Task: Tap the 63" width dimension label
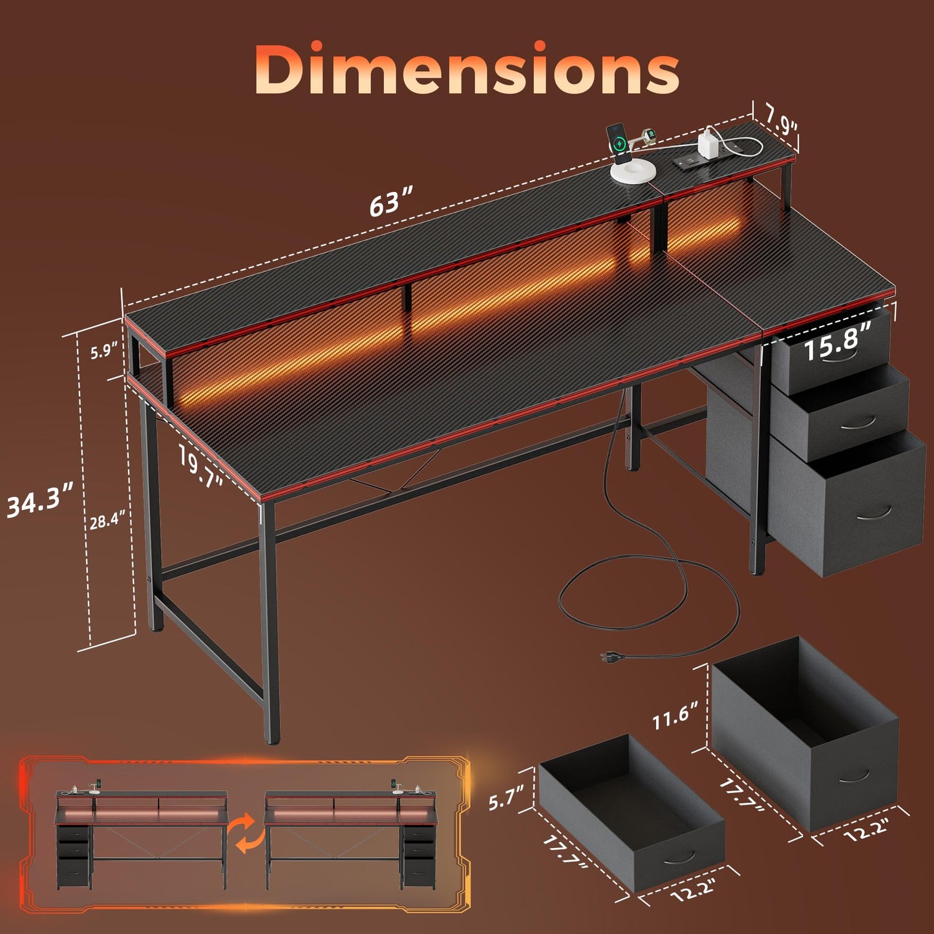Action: [x=390, y=202]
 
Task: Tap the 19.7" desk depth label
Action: [x=200, y=466]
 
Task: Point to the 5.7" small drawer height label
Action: [x=506, y=798]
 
